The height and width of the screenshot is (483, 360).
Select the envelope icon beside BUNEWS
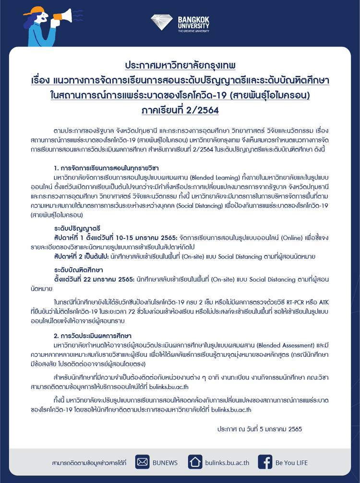143,462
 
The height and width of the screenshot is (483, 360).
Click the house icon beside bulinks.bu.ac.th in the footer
195,462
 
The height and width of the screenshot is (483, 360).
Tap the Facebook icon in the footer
265,462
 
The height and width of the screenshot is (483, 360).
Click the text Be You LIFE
291,463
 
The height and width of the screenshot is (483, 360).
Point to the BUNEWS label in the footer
165,463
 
